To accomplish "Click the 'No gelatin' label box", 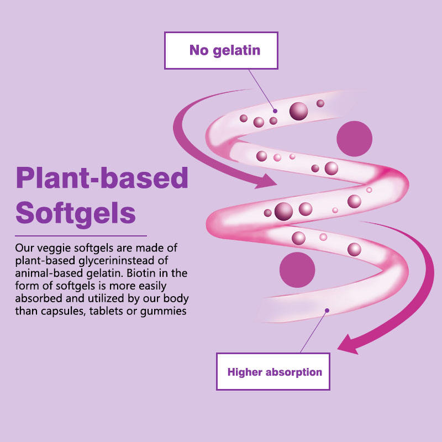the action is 221,50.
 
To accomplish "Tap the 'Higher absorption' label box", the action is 275,372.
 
